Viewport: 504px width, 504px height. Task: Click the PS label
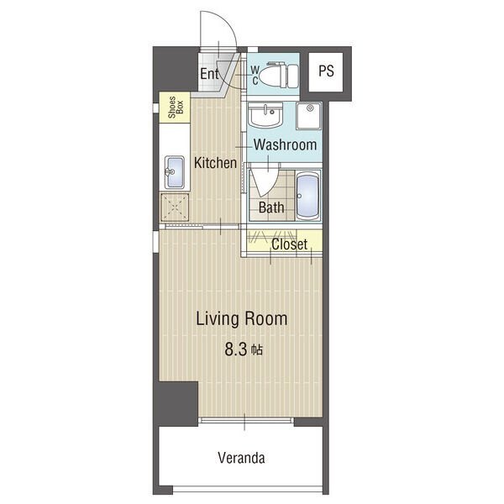click(x=326, y=71)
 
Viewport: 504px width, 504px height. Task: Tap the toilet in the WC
click(x=278, y=76)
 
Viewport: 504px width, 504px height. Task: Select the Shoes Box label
click(x=176, y=107)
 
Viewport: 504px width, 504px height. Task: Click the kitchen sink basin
click(x=175, y=172)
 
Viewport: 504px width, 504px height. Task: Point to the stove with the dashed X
click(x=174, y=207)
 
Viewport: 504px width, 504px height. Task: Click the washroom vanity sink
click(x=265, y=115)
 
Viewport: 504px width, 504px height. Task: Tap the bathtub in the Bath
click(x=307, y=196)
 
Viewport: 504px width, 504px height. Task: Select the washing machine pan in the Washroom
click(x=309, y=116)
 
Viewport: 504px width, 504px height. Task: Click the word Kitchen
click(x=215, y=163)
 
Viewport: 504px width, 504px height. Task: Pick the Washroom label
click(x=285, y=144)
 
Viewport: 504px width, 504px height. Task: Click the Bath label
click(x=271, y=207)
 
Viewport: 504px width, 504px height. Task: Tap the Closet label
click(x=289, y=244)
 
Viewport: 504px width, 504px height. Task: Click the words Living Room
click(x=242, y=319)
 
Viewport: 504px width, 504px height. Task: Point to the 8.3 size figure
click(x=235, y=349)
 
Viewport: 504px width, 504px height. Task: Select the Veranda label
click(x=241, y=458)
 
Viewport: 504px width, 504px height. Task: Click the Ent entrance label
click(x=209, y=74)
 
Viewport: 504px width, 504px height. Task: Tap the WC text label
click(x=255, y=76)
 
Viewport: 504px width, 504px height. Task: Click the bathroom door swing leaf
click(x=264, y=182)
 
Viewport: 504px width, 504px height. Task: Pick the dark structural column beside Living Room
click(x=177, y=403)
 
